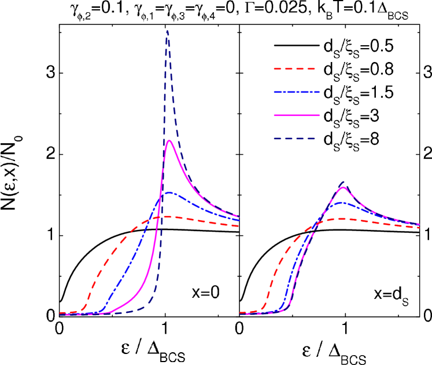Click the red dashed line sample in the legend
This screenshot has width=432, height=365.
294,69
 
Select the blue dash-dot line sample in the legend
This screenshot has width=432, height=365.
296,92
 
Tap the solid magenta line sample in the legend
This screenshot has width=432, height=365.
296,115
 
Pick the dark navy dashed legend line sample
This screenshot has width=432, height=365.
294,138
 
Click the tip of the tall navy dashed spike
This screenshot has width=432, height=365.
168,31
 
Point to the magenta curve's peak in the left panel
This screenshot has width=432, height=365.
169,141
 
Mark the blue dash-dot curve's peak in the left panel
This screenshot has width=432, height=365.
168,192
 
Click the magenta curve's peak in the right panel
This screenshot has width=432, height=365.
344,188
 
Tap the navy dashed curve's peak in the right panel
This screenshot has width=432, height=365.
344,181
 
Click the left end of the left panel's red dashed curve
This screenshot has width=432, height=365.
60,313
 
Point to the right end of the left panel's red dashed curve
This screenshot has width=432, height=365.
239,226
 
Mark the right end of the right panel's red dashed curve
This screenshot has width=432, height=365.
419,228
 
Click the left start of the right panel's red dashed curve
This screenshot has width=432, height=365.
240,313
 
